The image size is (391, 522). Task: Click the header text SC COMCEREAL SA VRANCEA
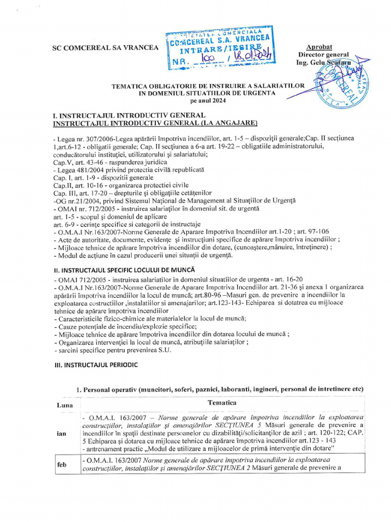[106, 48]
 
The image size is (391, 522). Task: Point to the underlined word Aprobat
[319, 47]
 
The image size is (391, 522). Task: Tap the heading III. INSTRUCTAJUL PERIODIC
[95, 366]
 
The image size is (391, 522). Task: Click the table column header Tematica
[221, 402]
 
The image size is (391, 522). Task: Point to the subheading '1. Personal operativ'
[112, 389]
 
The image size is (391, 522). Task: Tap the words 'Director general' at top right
[323, 55]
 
